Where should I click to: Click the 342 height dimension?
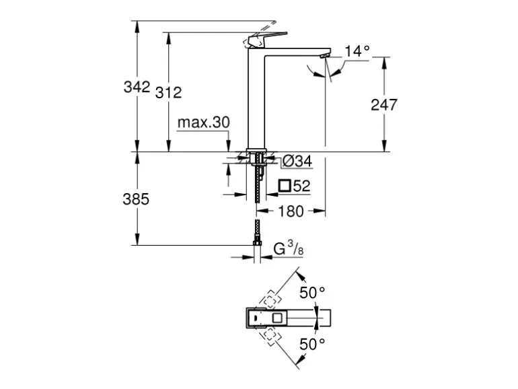pos(136,87)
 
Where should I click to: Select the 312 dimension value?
pos(168,93)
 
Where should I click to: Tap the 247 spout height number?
pos(384,104)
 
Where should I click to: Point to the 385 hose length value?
pos(136,200)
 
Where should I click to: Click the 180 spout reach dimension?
pos(291,211)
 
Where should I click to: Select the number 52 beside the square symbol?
pos(301,186)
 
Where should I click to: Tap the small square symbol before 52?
pos(285,186)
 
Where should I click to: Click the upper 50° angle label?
pos(312,293)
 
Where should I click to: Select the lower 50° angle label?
pos(312,344)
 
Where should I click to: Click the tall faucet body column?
pos(258,101)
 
